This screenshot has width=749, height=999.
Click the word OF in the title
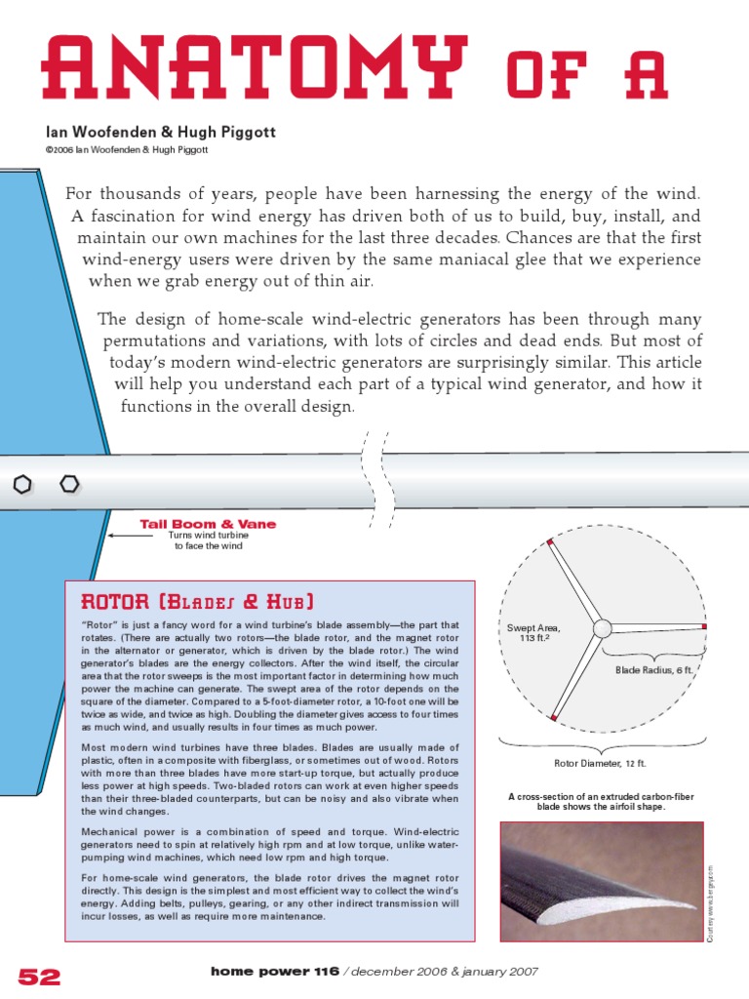pyautogui.click(x=548, y=70)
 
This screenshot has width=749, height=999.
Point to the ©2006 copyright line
pyautogui.click(x=126, y=150)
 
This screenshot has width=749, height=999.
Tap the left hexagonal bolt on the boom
pyautogui.click(x=24, y=484)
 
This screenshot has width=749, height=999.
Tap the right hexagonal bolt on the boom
pyautogui.click(x=69, y=483)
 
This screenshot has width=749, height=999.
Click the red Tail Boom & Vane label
pyautogui.click(x=208, y=524)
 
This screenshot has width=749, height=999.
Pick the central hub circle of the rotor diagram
pyautogui.click(x=602, y=627)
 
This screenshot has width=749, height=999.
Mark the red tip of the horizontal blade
pyautogui.click(x=704, y=627)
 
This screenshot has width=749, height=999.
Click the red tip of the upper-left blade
pyautogui.click(x=550, y=541)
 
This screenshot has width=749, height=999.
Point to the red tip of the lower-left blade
pyautogui.click(x=553, y=717)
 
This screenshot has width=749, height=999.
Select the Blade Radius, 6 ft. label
pyautogui.click(x=652, y=670)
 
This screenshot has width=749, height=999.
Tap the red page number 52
pyautogui.click(x=39, y=976)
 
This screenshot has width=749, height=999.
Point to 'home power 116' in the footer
pyautogui.click(x=275, y=972)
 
